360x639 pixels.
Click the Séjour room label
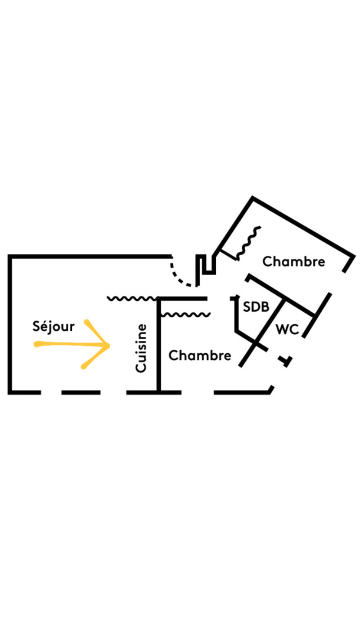click(53, 327)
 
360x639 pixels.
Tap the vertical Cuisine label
click(142, 348)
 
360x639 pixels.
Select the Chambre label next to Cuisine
click(200, 355)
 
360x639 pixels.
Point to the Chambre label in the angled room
click(294, 262)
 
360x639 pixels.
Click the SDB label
click(256, 307)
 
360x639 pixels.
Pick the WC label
click(287, 330)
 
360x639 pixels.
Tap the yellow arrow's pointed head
click(107, 345)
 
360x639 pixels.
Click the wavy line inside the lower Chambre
click(186, 314)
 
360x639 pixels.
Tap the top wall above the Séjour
click(90, 256)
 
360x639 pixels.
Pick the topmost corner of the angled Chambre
click(253, 198)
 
